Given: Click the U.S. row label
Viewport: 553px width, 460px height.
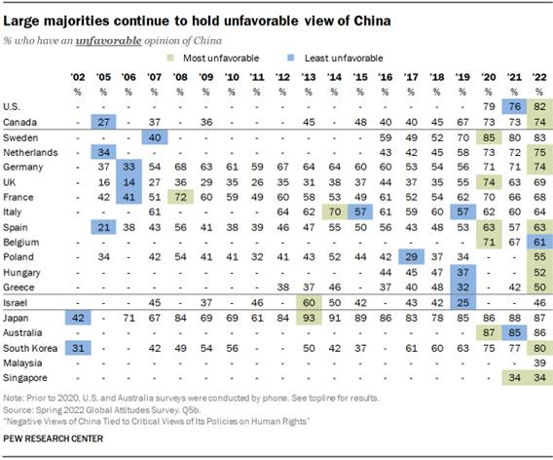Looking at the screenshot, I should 15,106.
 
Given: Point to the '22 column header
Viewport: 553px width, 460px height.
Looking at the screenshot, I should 534,75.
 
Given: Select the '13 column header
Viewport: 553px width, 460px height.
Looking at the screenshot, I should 309,75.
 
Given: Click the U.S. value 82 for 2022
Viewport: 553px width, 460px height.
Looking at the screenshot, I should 534,106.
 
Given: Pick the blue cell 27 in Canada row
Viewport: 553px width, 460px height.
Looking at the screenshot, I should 104,121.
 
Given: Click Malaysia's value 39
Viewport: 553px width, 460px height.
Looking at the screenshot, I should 534,362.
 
